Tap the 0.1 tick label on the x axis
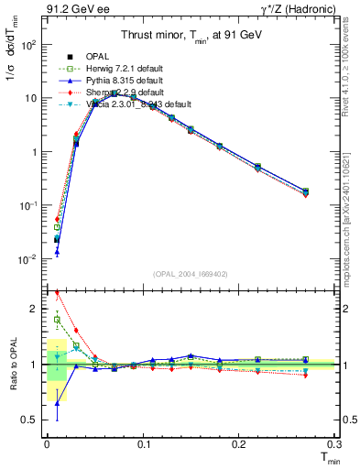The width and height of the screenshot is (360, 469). tap(142, 444)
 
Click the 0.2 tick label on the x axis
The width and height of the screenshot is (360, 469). tap(238, 444)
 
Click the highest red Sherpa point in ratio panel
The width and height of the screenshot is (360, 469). tap(57, 293)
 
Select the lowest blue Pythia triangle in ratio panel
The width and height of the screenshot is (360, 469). tap(57, 402)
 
